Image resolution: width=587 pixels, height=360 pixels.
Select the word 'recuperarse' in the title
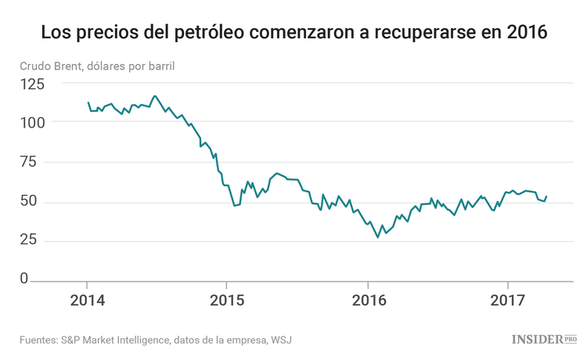coord(433,34)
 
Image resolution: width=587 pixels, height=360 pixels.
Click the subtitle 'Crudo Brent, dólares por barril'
coord(98,65)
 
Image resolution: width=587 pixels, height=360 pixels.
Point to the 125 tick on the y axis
coord(33,84)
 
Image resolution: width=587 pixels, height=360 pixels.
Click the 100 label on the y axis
coord(33,123)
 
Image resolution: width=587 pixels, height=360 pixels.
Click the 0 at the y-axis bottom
coord(24,279)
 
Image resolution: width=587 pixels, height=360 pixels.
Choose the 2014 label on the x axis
coord(86,301)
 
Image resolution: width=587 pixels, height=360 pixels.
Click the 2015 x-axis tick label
coord(226,301)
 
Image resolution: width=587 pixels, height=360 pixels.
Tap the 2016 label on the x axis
coord(367,301)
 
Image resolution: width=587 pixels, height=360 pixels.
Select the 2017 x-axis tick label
coord(508,301)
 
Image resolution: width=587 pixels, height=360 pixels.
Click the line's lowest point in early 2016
coord(378,237)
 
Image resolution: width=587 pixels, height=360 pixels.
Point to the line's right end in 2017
coord(546,196)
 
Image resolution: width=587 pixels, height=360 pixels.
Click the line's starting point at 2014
coord(88,103)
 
